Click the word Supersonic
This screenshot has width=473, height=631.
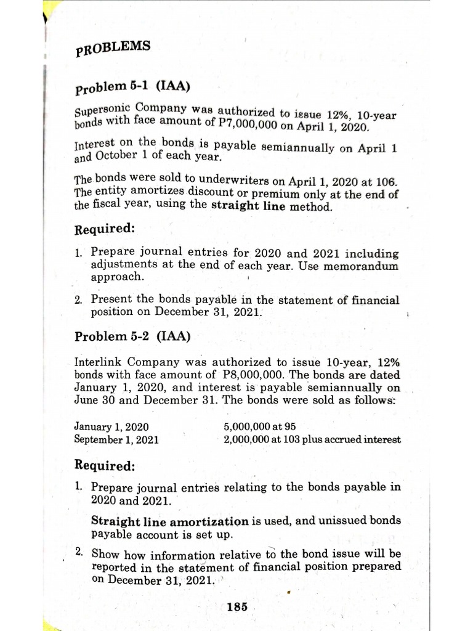pos(99,113)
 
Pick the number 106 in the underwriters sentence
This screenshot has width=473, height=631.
pos(386,182)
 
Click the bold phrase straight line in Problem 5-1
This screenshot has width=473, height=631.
pos(248,206)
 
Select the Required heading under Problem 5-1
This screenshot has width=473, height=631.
pos(104,230)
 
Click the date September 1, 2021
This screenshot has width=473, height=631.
pos(116,439)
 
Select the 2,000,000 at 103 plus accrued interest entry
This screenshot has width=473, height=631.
pos(312,439)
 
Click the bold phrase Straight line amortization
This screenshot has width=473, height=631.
pos(170,521)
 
